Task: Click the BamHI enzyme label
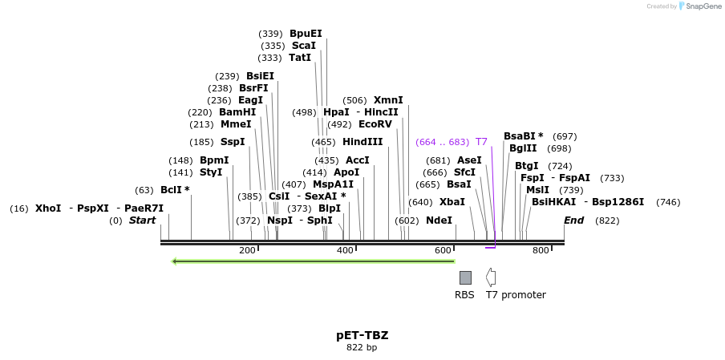click(x=237, y=112)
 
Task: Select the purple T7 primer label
click(x=481, y=142)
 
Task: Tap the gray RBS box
click(x=465, y=277)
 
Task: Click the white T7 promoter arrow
click(x=491, y=277)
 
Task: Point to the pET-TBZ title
click(x=362, y=335)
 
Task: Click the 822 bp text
click(x=362, y=347)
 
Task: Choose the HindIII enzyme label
click(x=362, y=142)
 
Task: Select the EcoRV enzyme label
click(x=375, y=124)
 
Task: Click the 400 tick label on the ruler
click(x=345, y=251)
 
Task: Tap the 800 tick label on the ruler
click(x=541, y=251)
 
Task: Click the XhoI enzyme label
click(x=48, y=208)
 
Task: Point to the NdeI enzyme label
click(x=439, y=220)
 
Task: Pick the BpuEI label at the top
click(x=306, y=34)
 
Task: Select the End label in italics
click(x=573, y=220)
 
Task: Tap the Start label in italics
click(x=142, y=220)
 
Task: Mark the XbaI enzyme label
click(x=452, y=202)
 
